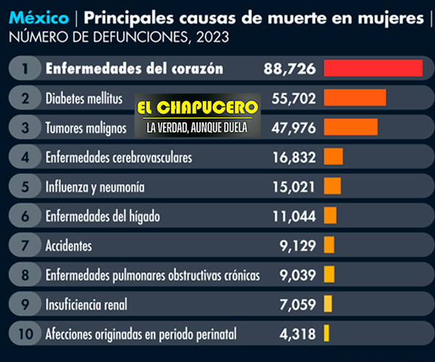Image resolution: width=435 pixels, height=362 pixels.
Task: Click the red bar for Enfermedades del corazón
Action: [373, 68]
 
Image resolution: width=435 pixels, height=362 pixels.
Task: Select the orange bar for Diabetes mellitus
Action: [355, 97]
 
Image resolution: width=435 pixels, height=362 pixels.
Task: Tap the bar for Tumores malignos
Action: [350, 127]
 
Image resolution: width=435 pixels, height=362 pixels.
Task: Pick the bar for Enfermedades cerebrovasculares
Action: [333, 156]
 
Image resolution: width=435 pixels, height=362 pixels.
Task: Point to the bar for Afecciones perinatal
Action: [327, 334]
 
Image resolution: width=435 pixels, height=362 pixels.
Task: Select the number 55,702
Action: [294, 98]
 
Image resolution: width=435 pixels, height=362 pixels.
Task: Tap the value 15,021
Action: [294, 187]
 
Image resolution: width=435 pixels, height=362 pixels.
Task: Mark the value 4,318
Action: [299, 334]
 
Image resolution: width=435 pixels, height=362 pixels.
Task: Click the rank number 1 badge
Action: [25, 69]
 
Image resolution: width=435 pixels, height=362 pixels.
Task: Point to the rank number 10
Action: [25, 334]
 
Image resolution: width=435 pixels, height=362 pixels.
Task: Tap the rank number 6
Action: [25, 216]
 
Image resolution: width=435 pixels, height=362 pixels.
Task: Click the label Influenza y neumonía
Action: [94, 187]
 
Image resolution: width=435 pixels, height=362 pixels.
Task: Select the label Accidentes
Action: [68, 245]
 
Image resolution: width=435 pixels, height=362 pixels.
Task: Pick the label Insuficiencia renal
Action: [86, 305]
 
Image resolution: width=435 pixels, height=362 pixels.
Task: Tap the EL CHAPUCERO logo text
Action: [197, 108]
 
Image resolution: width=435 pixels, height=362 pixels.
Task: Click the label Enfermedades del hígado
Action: [102, 216]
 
